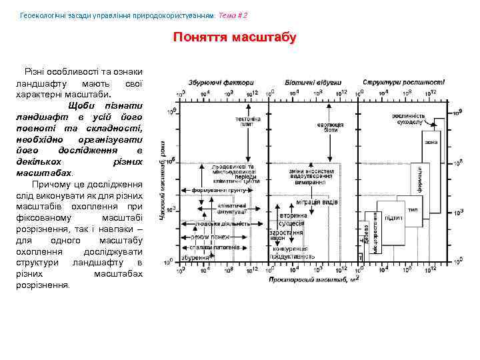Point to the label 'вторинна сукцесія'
click(x=293, y=219)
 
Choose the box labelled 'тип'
click(x=413, y=209)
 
